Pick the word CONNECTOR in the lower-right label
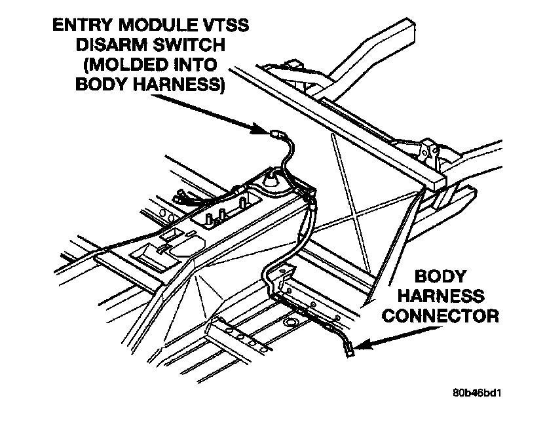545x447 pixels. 440,317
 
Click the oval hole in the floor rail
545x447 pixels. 291,323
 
